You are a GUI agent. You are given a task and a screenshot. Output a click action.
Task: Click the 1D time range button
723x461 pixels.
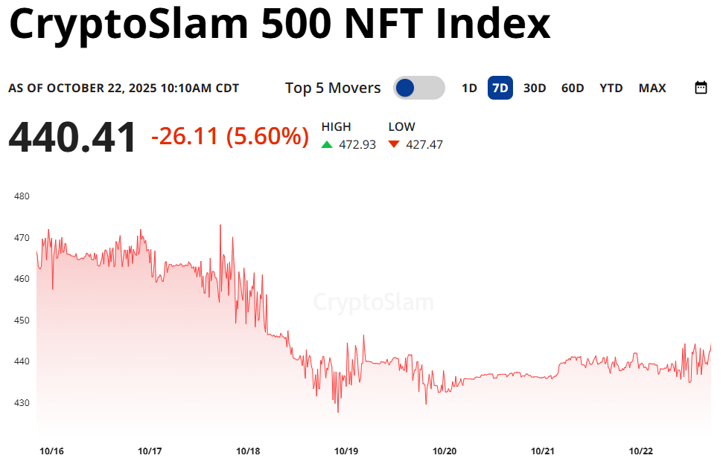469,88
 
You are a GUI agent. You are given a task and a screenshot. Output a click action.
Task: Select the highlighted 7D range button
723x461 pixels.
500,88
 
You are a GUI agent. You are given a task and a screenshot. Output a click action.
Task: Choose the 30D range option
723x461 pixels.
535,88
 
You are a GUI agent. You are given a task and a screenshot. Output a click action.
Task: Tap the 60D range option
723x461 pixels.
573,88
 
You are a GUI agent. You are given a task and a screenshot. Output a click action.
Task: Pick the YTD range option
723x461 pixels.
611,88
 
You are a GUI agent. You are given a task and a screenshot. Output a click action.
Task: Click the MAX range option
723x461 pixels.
652,88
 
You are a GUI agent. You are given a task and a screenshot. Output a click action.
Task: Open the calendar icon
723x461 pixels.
701,88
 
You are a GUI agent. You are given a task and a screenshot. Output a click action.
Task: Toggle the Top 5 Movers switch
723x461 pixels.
418,88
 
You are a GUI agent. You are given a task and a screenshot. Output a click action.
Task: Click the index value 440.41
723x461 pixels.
73,138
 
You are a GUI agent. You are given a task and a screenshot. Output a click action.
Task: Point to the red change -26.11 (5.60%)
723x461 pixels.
229,137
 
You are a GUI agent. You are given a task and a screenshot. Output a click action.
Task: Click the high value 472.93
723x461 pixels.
357,144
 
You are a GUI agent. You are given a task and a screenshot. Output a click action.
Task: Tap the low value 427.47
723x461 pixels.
424,144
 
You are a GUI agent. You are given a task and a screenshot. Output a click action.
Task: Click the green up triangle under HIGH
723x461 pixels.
327,144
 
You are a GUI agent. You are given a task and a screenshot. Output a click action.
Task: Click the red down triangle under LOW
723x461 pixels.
394,144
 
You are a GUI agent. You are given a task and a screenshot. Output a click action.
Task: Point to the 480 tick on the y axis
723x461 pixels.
21,196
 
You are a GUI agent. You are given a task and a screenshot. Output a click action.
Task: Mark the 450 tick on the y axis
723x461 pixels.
21,320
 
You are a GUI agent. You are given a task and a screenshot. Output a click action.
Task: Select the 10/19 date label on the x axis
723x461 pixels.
346,451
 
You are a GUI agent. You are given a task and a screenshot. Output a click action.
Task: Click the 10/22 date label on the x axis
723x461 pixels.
641,451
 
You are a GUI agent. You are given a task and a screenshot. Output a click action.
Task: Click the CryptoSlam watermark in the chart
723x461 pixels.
373,303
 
